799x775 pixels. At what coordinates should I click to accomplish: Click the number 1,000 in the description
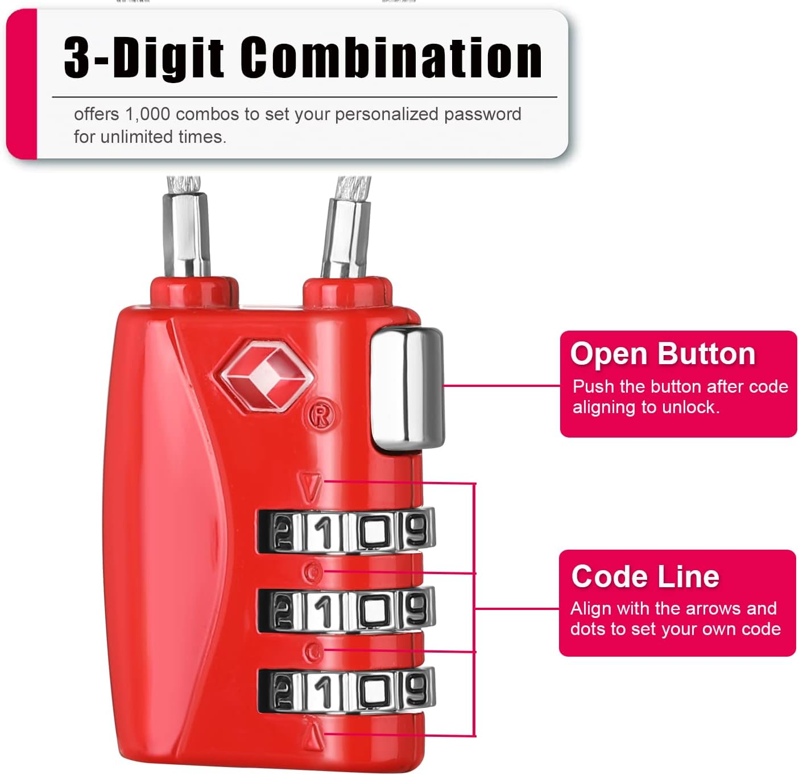[x=147, y=114]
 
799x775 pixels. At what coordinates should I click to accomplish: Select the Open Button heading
[x=663, y=354]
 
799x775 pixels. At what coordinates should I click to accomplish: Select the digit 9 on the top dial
[x=417, y=530]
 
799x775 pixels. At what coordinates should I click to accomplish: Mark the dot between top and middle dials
[x=313, y=571]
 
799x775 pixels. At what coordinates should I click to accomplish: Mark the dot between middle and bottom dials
[x=312, y=651]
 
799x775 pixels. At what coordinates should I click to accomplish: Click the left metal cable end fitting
[x=186, y=234]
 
